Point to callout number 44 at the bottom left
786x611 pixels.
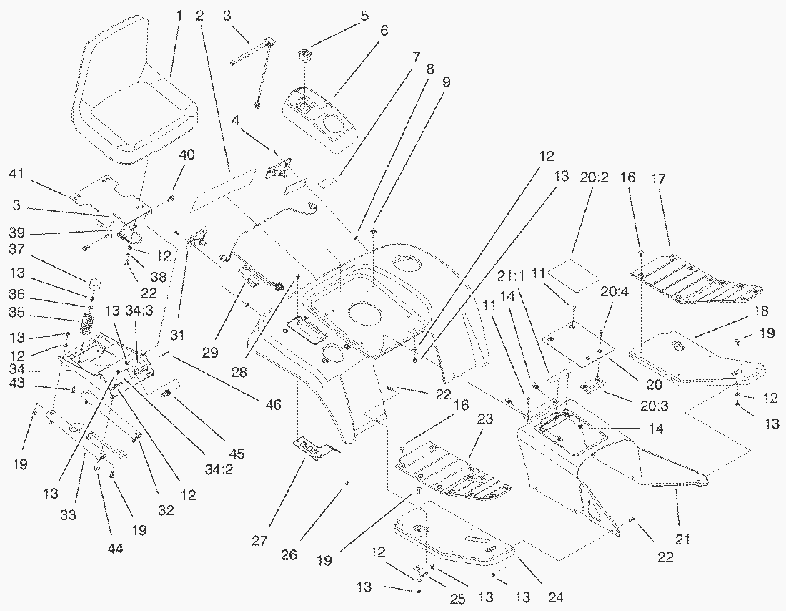click(95, 548)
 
